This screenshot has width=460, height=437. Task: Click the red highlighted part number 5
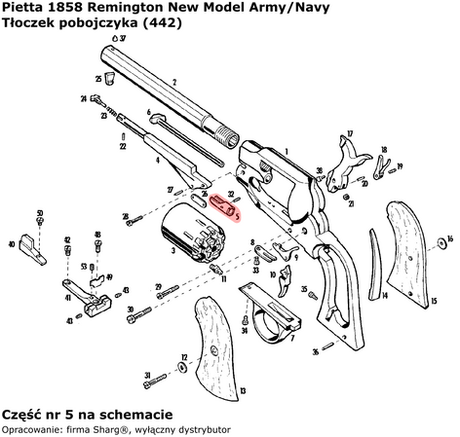point(227,206)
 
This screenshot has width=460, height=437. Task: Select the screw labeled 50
point(39,220)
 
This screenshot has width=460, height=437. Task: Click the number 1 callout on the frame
point(286,151)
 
